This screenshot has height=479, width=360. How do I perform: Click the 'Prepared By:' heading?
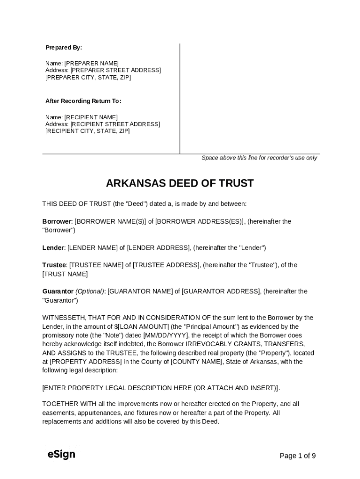click(x=64, y=48)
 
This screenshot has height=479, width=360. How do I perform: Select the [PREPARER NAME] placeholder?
click(x=92, y=63)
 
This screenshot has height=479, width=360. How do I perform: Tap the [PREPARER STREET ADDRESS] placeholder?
click(x=115, y=70)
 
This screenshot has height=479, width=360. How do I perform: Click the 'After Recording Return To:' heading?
click(x=83, y=101)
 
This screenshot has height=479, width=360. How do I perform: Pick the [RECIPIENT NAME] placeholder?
click(x=91, y=117)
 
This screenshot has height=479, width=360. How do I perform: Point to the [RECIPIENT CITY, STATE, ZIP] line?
click(x=87, y=131)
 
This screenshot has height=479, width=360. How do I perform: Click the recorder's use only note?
click(x=259, y=158)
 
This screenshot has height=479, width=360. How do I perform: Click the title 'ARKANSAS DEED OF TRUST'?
click(x=180, y=183)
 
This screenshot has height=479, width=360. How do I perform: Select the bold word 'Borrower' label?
click(x=57, y=221)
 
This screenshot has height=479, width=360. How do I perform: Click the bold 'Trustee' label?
click(x=54, y=265)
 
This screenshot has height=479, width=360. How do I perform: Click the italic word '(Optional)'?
click(x=90, y=291)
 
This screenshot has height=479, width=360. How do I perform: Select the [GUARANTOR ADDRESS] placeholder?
click(x=221, y=291)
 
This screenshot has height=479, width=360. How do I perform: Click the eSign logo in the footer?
click(x=61, y=454)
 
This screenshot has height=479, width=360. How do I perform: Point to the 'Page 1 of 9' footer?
click(x=297, y=456)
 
